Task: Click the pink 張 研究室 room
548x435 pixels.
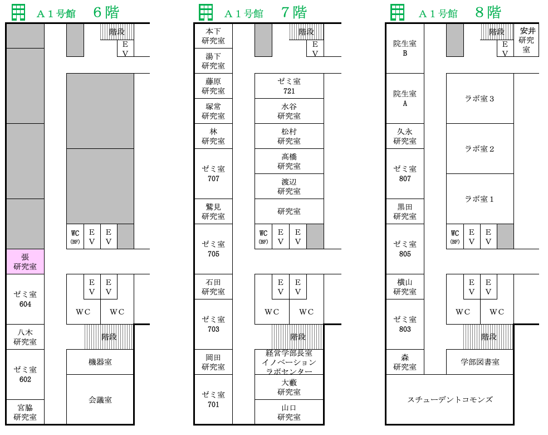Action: click(x=25, y=262)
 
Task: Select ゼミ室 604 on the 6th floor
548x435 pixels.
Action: click(x=25, y=299)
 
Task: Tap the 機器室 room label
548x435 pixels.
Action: click(x=100, y=362)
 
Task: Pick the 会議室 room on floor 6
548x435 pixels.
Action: click(x=100, y=399)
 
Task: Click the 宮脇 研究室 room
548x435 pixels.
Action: click(x=25, y=412)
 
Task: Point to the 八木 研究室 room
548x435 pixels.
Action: click(x=25, y=337)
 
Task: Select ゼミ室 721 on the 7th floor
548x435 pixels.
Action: click(x=289, y=86)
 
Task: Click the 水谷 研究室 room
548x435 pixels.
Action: click(x=289, y=111)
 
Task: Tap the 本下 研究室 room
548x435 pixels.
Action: click(x=213, y=36)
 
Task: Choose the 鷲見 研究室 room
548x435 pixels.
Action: click(x=213, y=211)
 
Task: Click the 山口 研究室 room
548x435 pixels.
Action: click(x=289, y=412)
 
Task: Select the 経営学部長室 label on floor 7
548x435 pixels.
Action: click(x=289, y=353)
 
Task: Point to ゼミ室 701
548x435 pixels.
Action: click(x=213, y=399)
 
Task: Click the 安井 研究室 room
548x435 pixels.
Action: click(x=526, y=40)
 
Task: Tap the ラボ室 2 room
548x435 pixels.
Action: click(x=479, y=149)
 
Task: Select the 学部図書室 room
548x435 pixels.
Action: click(x=479, y=362)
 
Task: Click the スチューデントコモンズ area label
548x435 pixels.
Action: click(x=450, y=399)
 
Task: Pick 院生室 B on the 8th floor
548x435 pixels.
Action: click(x=405, y=49)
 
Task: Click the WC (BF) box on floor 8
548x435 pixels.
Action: click(x=455, y=236)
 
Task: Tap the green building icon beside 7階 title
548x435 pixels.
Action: click(x=206, y=13)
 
